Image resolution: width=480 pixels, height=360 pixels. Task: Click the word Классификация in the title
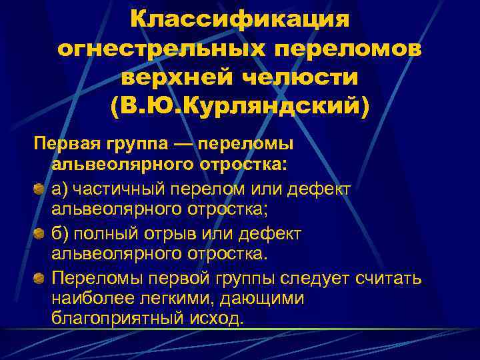(240, 18)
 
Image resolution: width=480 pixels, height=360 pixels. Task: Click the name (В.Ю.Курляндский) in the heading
(240, 105)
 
